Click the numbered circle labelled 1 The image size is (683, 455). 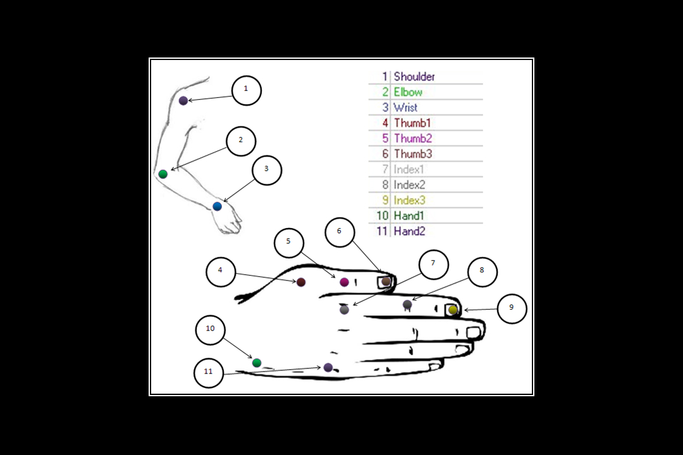click(247, 90)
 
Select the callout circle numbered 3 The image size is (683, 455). click(266, 170)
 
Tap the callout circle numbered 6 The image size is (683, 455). click(340, 232)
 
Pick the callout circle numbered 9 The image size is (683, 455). click(512, 308)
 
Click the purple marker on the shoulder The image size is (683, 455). click(183, 100)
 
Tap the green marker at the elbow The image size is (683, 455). click(163, 174)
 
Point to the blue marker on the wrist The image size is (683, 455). click(217, 206)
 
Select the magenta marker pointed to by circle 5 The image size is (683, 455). click(344, 282)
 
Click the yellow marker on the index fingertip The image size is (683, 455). click(453, 310)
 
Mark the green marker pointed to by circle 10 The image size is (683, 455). click(257, 363)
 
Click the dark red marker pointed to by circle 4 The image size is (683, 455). click(301, 282)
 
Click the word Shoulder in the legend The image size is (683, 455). click(414, 76)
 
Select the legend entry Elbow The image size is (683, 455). click(408, 92)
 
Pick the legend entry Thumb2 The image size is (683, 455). click(413, 138)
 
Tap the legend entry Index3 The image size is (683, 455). click(409, 200)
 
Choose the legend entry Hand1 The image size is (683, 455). click(409, 215)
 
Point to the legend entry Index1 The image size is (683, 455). click(409, 169)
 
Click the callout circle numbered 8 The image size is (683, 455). click(482, 271)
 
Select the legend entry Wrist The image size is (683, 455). click(405, 107)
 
